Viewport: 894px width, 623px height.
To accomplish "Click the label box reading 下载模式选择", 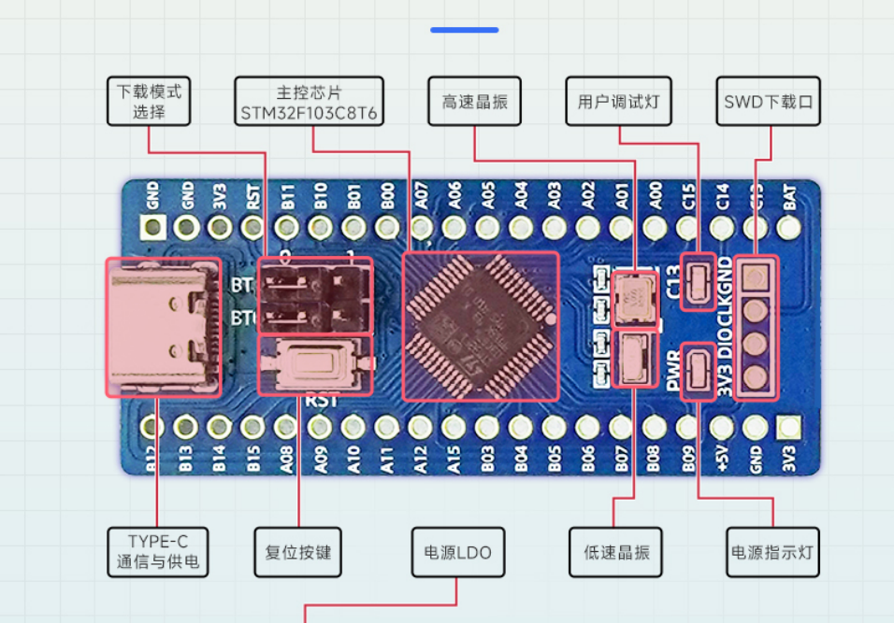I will (149, 102).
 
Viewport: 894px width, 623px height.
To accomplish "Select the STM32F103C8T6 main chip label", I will (310, 102).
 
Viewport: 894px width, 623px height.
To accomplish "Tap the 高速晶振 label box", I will (474, 102).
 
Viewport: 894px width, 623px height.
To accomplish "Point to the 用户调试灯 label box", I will (618, 102).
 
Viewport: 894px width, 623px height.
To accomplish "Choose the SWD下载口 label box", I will (768, 102).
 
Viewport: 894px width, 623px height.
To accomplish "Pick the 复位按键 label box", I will (298, 553).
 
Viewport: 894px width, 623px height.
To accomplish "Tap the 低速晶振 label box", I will (616, 553).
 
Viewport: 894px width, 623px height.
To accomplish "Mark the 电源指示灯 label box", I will (772, 553).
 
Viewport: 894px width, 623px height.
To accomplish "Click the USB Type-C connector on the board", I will (165, 327).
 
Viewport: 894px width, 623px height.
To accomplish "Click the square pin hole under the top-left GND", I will (152, 227).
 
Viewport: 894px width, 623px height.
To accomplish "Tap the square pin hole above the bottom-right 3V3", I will (788, 428).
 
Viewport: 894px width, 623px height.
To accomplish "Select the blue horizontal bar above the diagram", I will (464, 30).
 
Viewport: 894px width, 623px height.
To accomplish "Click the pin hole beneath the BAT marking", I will (788, 227).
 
